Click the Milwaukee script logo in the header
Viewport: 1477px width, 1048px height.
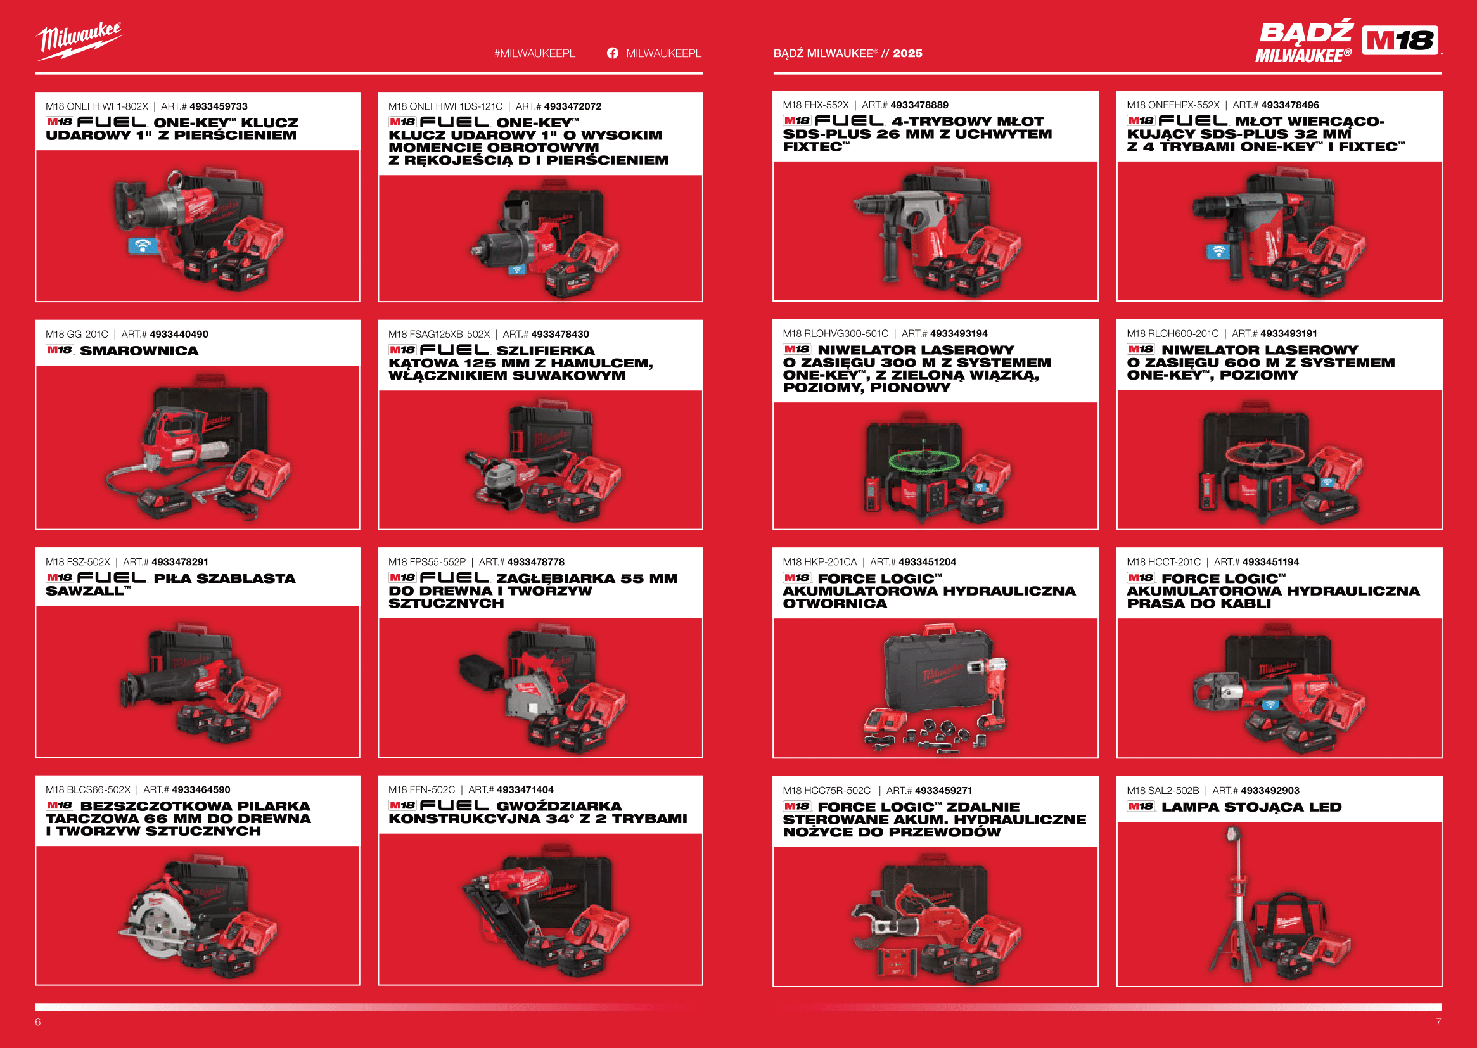[79, 41]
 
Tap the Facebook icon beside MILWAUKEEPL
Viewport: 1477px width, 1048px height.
[612, 53]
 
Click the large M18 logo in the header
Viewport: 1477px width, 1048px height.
[1400, 41]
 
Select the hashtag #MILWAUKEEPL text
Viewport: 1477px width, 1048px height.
[534, 54]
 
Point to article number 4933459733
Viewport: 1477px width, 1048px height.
[218, 106]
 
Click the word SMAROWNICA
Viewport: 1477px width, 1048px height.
[139, 350]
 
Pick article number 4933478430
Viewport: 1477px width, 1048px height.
[560, 335]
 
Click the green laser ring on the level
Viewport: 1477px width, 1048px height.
[924, 460]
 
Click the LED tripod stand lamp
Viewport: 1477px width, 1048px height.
[1237, 904]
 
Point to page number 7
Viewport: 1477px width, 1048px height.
[1438, 1021]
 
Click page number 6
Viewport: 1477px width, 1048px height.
[38, 1021]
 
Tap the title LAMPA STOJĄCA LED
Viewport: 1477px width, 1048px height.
[1251, 807]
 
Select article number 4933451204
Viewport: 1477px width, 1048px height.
[927, 562]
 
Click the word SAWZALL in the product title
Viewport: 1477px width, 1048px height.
[84, 591]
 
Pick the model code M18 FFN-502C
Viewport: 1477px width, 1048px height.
[421, 790]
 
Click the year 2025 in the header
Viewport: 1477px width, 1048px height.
[907, 54]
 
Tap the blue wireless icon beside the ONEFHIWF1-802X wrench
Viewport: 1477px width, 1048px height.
[143, 245]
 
